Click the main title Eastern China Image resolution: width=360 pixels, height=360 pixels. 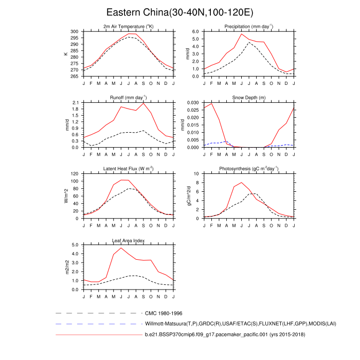coord(179,12)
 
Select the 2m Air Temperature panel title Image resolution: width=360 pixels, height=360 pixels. coord(128,26)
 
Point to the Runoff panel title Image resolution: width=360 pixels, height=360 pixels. coord(128,97)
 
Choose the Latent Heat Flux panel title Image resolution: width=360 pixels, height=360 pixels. coord(128,168)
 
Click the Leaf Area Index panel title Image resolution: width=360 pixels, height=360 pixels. coord(128,240)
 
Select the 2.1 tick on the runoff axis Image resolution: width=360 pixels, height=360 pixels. coord(75,102)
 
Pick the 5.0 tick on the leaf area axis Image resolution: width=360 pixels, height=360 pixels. coord(75,245)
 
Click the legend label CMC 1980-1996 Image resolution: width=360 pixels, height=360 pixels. coord(164,313)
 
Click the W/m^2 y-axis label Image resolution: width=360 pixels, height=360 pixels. coord(66,196)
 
